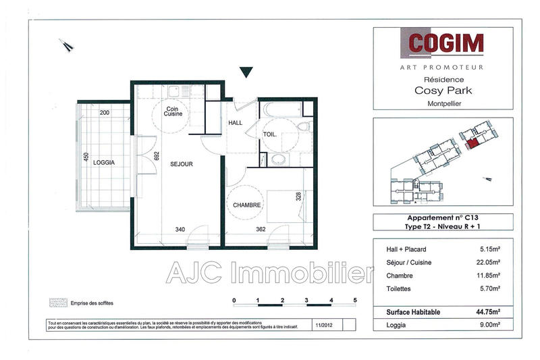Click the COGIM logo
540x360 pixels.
click(x=445, y=43)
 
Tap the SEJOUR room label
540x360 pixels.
click(x=182, y=164)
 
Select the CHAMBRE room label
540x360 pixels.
click(x=246, y=205)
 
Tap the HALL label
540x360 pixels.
click(x=235, y=123)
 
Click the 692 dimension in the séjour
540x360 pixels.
click(x=156, y=155)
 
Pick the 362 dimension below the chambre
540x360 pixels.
click(x=261, y=230)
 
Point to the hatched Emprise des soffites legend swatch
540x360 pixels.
click(x=57, y=303)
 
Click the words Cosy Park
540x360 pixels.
click(x=442, y=91)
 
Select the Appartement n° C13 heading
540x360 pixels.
click(x=442, y=218)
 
